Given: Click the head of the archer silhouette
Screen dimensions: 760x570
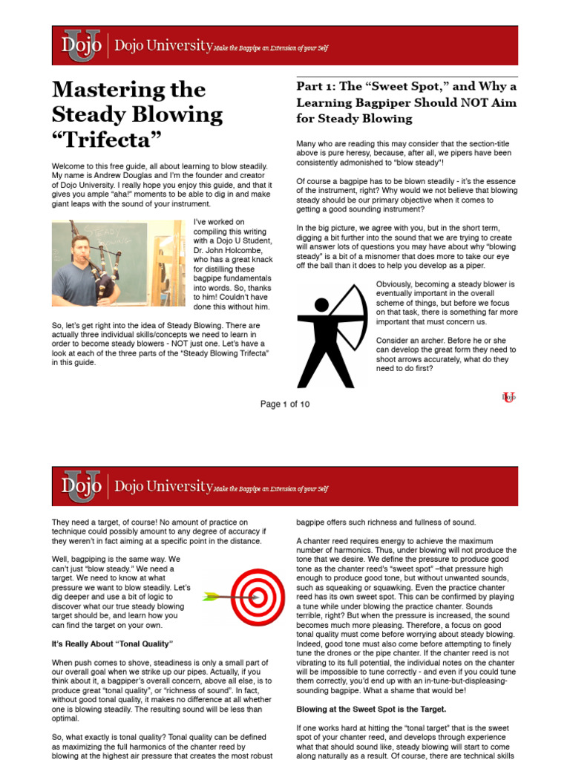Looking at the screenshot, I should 321,304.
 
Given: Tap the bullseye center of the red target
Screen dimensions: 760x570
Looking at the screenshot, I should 258,596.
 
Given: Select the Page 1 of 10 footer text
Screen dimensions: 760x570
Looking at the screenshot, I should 285,404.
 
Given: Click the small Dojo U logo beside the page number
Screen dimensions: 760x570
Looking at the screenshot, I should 508,397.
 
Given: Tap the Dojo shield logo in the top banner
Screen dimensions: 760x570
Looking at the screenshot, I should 82,46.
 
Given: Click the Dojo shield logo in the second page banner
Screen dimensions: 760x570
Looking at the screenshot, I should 82,486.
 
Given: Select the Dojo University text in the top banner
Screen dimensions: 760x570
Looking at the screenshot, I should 163,46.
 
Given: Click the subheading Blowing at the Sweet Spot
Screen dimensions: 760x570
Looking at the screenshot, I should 372,710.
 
